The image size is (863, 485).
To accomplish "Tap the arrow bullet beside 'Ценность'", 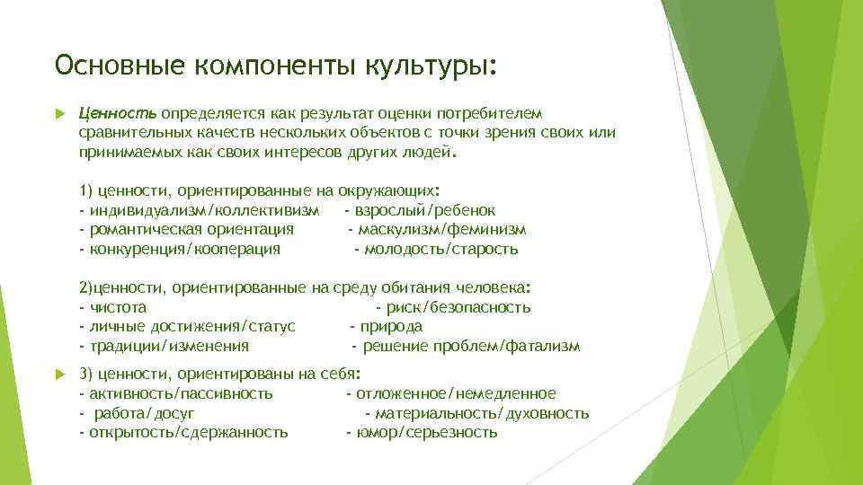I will coord(59,114).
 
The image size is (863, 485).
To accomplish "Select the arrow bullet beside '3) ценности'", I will coord(59,373).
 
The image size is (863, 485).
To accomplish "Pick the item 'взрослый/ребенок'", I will coord(425,210).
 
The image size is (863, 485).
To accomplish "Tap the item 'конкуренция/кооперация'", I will coord(183,250).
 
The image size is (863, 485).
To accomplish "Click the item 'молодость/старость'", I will coord(440,250).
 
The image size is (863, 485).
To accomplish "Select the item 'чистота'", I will coord(117,307).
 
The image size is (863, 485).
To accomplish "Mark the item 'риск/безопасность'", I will coord(458,307).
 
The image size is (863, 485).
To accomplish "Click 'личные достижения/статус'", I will coord(191,327).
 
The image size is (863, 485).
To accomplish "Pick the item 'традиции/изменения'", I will coord(168,347).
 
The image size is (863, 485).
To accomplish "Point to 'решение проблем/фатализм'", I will coord(469,347).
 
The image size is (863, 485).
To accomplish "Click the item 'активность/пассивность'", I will coord(180,393).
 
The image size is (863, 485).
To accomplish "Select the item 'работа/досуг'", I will coord(142,413).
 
